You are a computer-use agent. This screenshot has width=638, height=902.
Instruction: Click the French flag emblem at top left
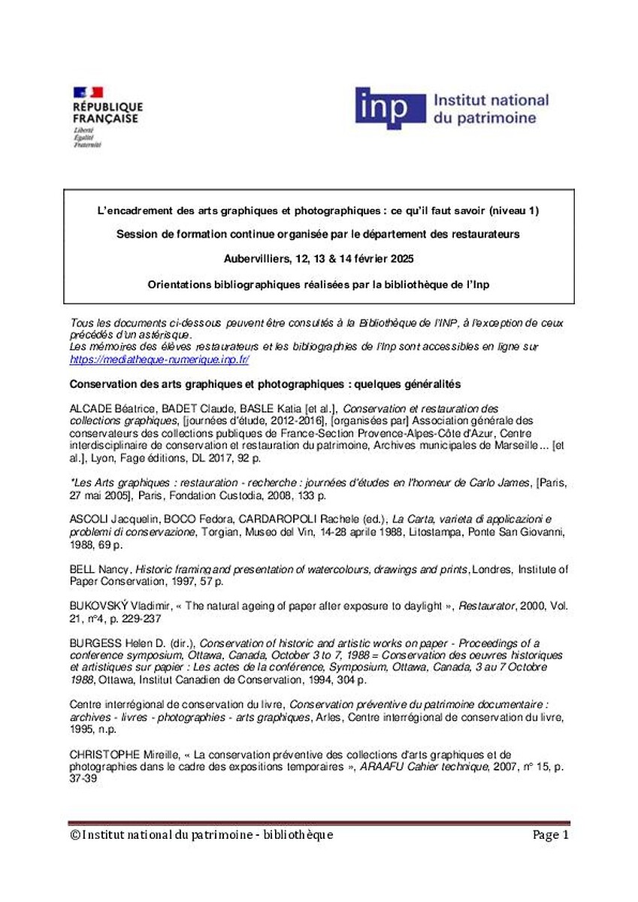tap(87, 92)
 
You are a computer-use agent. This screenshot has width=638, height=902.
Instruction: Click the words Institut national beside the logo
tap(491, 101)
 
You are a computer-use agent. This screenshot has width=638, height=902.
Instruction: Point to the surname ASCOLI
tap(88, 520)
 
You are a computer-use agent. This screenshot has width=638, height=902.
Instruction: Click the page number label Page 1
tap(551, 835)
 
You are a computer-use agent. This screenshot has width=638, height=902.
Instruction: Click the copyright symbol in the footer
tap(74, 835)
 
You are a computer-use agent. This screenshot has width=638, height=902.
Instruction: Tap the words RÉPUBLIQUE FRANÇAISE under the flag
tap(107, 113)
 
